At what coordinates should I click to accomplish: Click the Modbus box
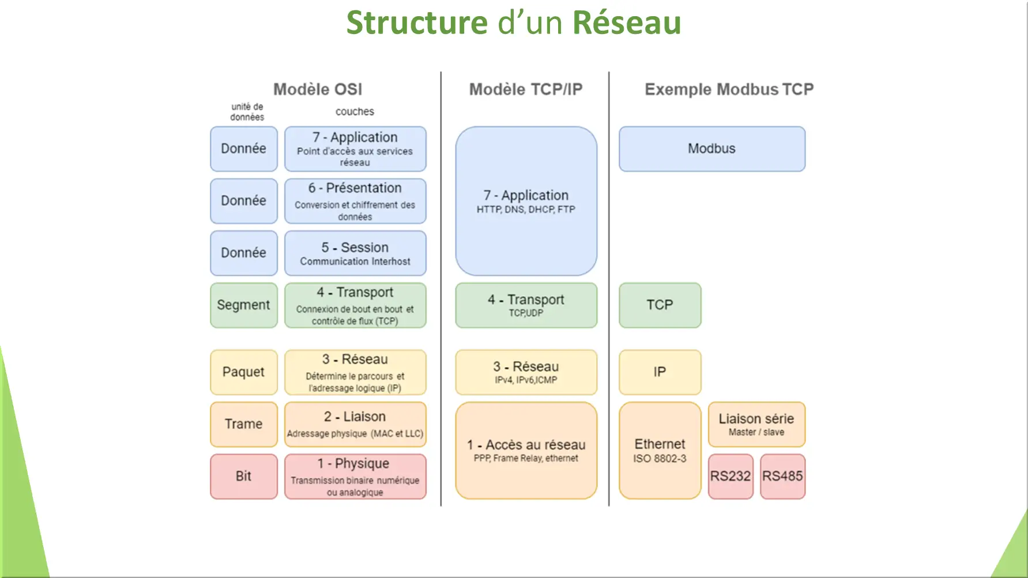click(712, 149)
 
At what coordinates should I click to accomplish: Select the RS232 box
click(730, 476)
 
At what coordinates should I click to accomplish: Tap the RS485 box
click(782, 476)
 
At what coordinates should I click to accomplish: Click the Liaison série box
click(756, 424)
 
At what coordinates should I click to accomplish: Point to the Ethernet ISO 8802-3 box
click(660, 450)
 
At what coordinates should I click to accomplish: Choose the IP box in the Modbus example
click(660, 372)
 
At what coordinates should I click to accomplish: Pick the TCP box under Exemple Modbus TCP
click(660, 305)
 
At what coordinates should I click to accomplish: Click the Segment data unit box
click(244, 305)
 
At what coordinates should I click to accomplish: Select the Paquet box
click(244, 372)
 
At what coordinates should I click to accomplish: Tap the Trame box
click(244, 424)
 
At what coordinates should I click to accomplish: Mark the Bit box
click(244, 476)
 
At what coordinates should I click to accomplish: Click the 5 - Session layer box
click(355, 253)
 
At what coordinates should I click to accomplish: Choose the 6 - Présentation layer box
click(355, 201)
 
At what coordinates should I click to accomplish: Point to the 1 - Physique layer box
click(355, 476)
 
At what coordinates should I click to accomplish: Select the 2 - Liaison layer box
click(355, 424)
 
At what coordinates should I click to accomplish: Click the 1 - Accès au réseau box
click(526, 450)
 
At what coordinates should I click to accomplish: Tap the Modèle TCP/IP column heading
click(526, 89)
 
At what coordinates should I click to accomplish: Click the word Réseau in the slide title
click(627, 22)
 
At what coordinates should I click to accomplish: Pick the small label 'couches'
click(355, 111)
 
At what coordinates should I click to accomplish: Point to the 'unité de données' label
click(247, 112)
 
